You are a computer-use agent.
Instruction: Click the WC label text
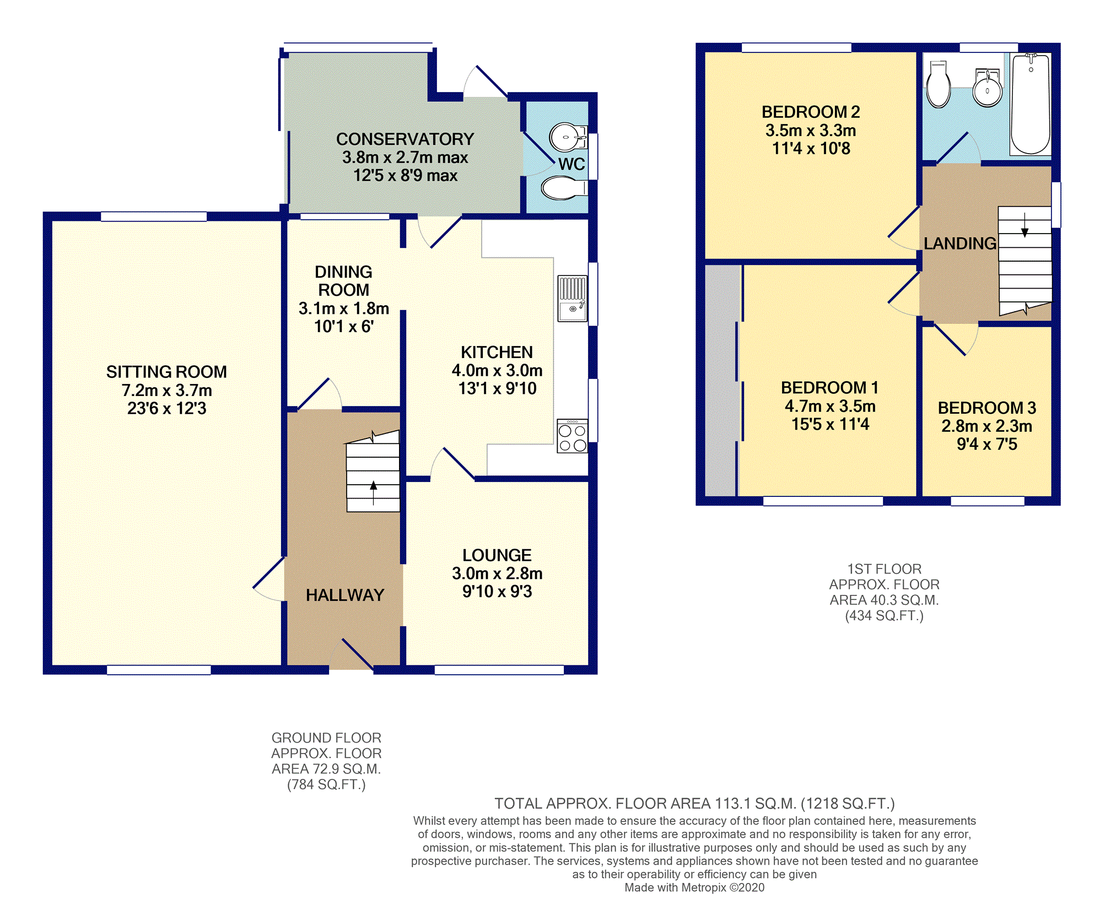click(x=572, y=164)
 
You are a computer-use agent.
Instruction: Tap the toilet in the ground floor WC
click(x=564, y=188)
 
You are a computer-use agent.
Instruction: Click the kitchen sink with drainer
click(x=572, y=299)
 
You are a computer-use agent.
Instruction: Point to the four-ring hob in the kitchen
click(x=572, y=436)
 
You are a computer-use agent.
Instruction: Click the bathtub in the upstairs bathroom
click(x=1031, y=104)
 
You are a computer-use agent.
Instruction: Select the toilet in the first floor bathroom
click(x=938, y=84)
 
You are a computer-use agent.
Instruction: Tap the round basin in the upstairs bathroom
click(x=987, y=88)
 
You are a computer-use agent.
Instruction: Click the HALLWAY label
click(x=345, y=595)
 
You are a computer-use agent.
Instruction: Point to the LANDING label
click(x=960, y=243)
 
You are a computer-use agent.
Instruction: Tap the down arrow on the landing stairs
click(x=1025, y=225)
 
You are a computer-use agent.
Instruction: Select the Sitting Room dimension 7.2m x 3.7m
click(x=167, y=391)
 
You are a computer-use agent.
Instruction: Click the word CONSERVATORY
click(x=405, y=139)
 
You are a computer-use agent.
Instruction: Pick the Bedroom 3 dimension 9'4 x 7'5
click(x=987, y=444)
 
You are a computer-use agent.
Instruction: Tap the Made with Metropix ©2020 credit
click(x=694, y=887)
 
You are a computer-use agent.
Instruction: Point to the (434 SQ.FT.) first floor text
click(x=884, y=616)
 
